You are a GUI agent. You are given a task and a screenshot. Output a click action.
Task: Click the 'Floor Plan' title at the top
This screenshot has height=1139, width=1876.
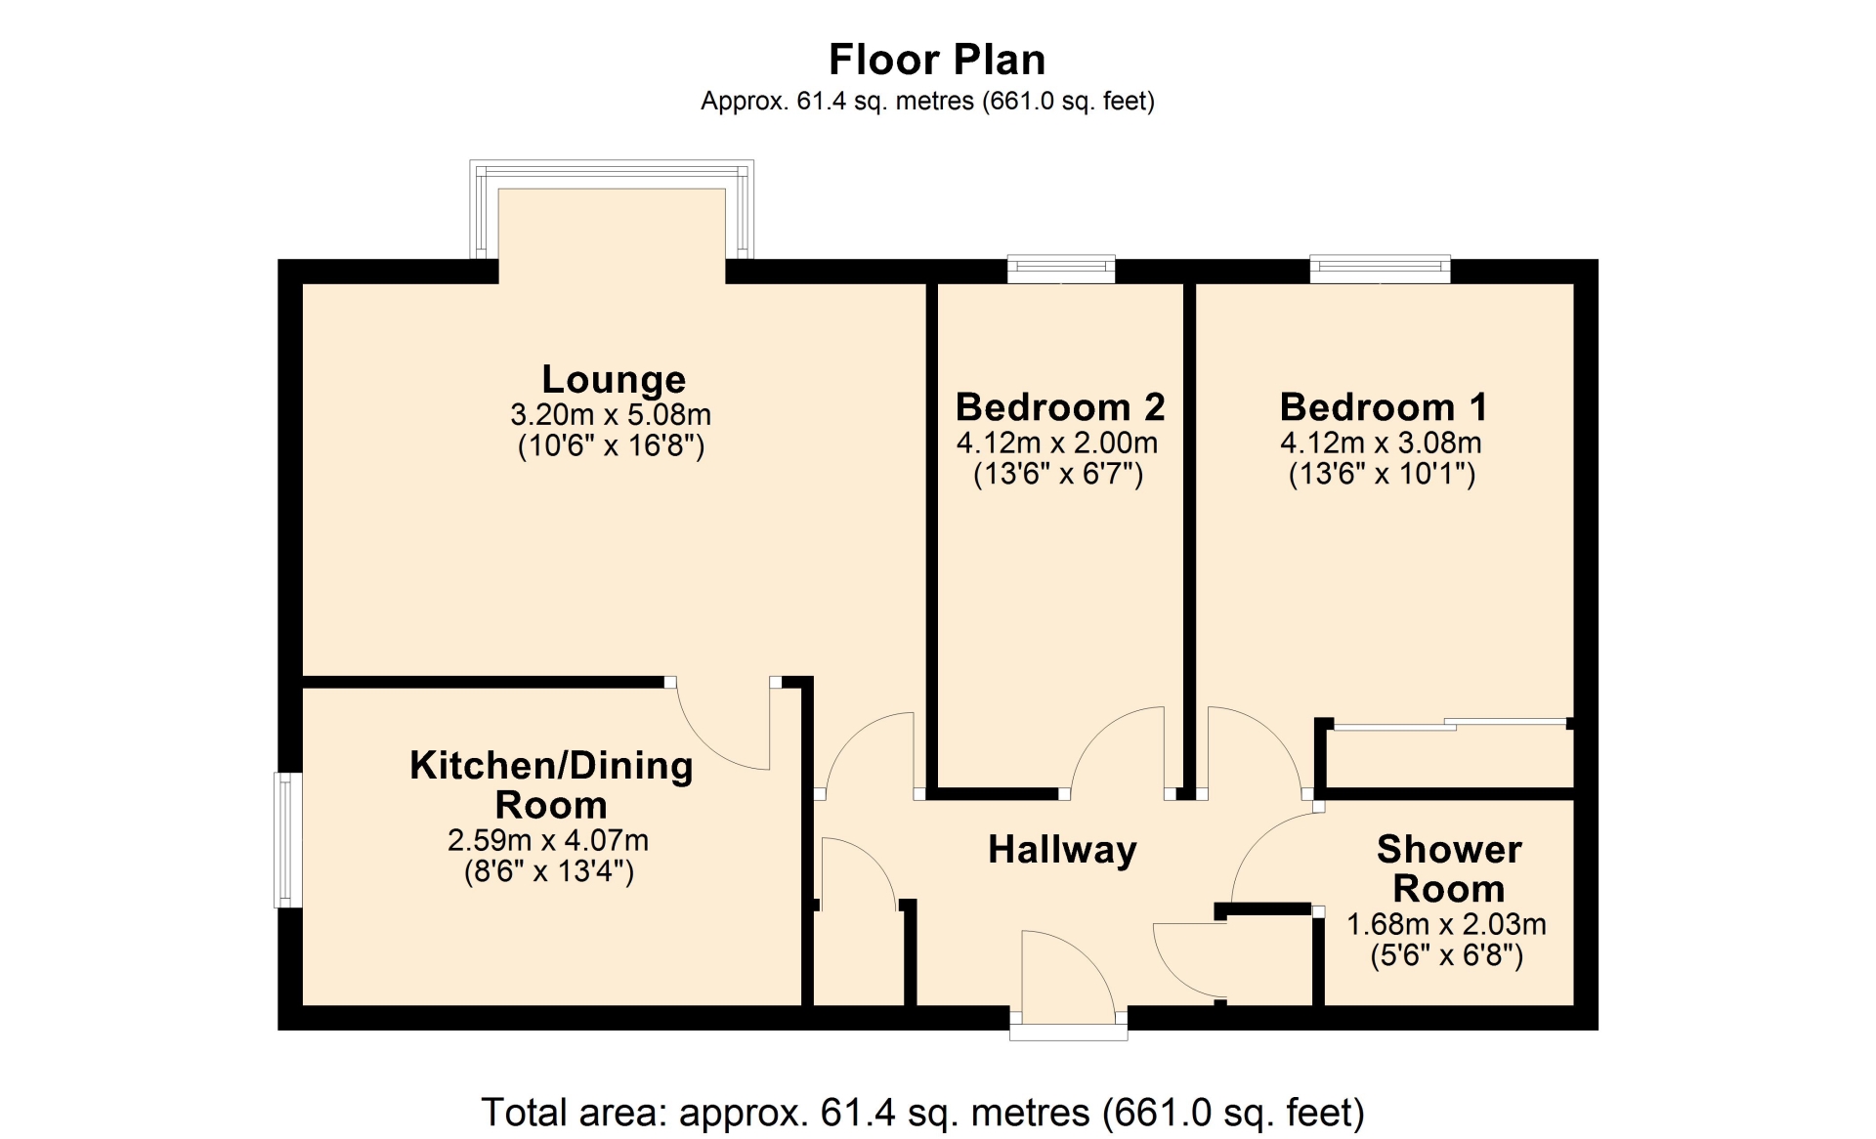[x=937, y=60]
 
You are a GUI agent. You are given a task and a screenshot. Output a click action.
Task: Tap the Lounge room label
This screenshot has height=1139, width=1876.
[x=614, y=379]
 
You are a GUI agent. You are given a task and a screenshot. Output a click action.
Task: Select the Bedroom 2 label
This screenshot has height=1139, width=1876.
[x=1060, y=406]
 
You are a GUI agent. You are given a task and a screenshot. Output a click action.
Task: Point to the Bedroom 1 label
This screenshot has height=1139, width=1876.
[x=1384, y=406]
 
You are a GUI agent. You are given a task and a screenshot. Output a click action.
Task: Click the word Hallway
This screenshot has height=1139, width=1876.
[x=1062, y=850]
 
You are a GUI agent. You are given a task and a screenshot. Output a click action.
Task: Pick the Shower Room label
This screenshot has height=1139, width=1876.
[x=1449, y=868]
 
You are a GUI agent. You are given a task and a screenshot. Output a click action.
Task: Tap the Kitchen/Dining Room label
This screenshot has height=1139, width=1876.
[x=551, y=784]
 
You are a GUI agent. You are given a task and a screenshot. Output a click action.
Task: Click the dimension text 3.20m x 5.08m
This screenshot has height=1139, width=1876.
[x=611, y=414]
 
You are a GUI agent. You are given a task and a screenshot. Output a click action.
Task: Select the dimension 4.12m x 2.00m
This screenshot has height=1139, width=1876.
[x=1057, y=443]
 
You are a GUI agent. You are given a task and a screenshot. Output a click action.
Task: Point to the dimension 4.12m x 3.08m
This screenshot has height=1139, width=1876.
[x=1381, y=443]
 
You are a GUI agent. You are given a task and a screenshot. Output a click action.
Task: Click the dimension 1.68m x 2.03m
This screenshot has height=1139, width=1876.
[x=1446, y=923]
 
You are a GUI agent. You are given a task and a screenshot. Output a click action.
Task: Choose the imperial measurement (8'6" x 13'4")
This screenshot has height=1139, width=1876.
[x=549, y=871]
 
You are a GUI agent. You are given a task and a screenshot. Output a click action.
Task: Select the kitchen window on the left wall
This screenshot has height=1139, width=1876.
[x=287, y=840]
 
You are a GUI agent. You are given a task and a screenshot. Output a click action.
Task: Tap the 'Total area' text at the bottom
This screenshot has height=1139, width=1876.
[x=922, y=1113]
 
